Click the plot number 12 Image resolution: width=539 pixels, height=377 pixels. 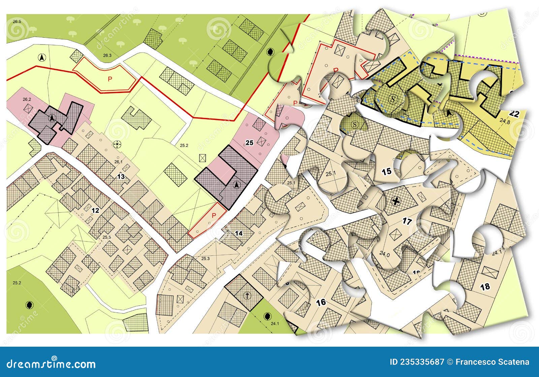(x=95, y=211)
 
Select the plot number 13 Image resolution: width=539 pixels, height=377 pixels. (x=121, y=177)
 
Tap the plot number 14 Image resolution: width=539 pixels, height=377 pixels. (x=239, y=233)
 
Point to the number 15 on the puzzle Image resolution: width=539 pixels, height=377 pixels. (x=386, y=171)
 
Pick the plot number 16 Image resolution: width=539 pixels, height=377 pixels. (x=321, y=302)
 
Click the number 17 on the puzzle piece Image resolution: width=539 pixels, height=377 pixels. (x=407, y=221)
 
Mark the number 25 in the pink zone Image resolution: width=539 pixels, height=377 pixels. (x=249, y=143)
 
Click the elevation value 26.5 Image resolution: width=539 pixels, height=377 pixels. (x=17, y=22)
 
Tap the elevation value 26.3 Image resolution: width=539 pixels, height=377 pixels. (x=107, y=55)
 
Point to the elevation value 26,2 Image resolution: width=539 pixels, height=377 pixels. (x=27, y=99)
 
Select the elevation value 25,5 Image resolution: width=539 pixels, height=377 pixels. (x=107, y=237)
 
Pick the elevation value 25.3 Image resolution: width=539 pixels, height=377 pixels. (x=205, y=259)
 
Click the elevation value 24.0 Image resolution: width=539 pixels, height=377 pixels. (x=384, y=255)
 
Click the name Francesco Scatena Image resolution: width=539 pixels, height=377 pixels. (x=492, y=362)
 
